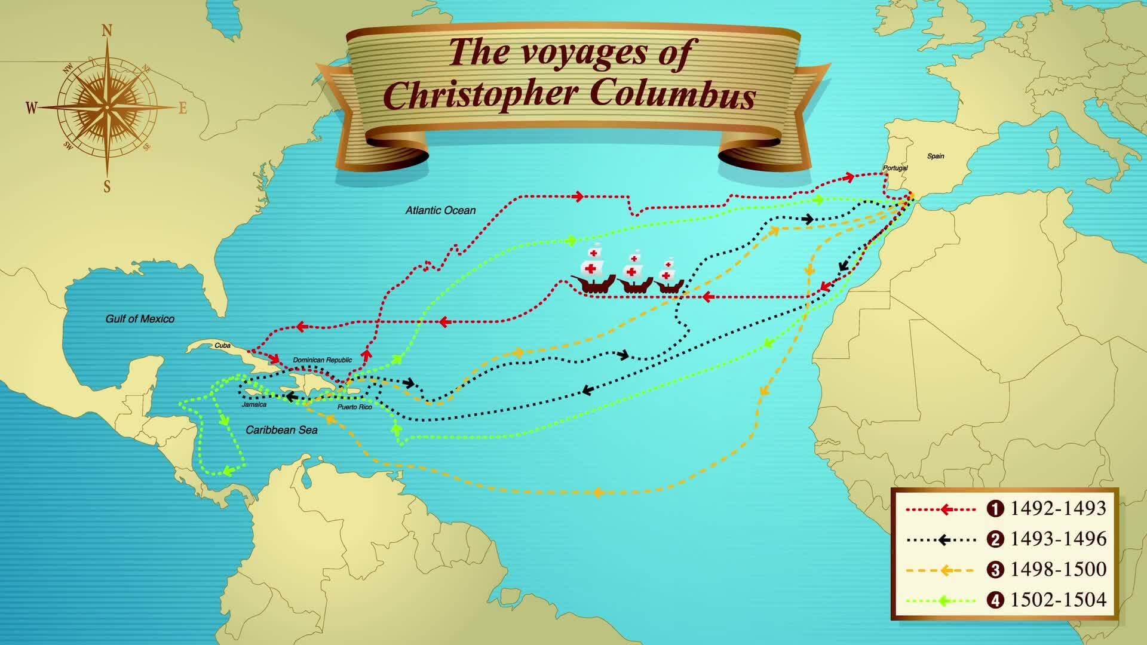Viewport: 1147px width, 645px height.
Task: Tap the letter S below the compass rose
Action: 108,187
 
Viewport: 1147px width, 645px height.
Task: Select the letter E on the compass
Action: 183,108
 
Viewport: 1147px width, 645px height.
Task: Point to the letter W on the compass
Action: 31,108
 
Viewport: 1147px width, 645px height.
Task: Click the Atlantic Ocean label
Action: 440,210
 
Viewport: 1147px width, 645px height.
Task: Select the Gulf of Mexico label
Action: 140,319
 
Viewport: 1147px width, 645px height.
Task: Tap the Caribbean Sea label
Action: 281,430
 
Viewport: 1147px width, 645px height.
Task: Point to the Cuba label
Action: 222,346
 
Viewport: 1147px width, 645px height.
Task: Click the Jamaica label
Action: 254,404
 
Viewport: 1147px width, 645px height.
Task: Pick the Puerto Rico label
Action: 354,407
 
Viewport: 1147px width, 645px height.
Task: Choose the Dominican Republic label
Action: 322,360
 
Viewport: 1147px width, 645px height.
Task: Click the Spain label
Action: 936,156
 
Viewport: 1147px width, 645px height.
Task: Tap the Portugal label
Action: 895,168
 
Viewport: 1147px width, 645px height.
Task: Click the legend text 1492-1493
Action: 1058,508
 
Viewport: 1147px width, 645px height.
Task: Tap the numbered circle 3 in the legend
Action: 995,570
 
